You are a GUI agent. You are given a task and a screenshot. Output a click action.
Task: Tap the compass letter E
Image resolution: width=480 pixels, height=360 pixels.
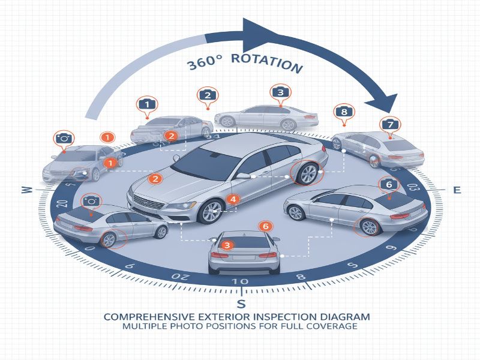(x=457, y=190)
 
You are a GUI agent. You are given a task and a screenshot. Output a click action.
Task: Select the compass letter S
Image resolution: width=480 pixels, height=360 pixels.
(x=241, y=302)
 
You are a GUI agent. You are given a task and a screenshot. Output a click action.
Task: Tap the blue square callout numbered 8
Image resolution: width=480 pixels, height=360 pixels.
(x=344, y=112)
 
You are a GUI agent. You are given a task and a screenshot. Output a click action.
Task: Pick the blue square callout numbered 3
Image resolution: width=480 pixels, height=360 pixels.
(x=280, y=92)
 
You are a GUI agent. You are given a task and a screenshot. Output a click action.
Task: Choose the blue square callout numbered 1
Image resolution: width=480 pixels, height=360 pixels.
(x=146, y=104)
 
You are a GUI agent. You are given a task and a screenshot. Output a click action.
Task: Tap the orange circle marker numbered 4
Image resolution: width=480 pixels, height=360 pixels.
(x=233, y=199)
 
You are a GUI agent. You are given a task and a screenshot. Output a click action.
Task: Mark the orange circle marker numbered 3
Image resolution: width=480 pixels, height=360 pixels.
(x=227, y=245)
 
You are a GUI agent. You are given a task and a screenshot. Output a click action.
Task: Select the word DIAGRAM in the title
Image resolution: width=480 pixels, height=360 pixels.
(x=344, y=316)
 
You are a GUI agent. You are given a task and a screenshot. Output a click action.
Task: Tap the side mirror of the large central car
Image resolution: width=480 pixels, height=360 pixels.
(x=244, y=176)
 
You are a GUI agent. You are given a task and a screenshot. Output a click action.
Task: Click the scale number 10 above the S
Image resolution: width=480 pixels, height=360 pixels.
(x=239, y=282)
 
